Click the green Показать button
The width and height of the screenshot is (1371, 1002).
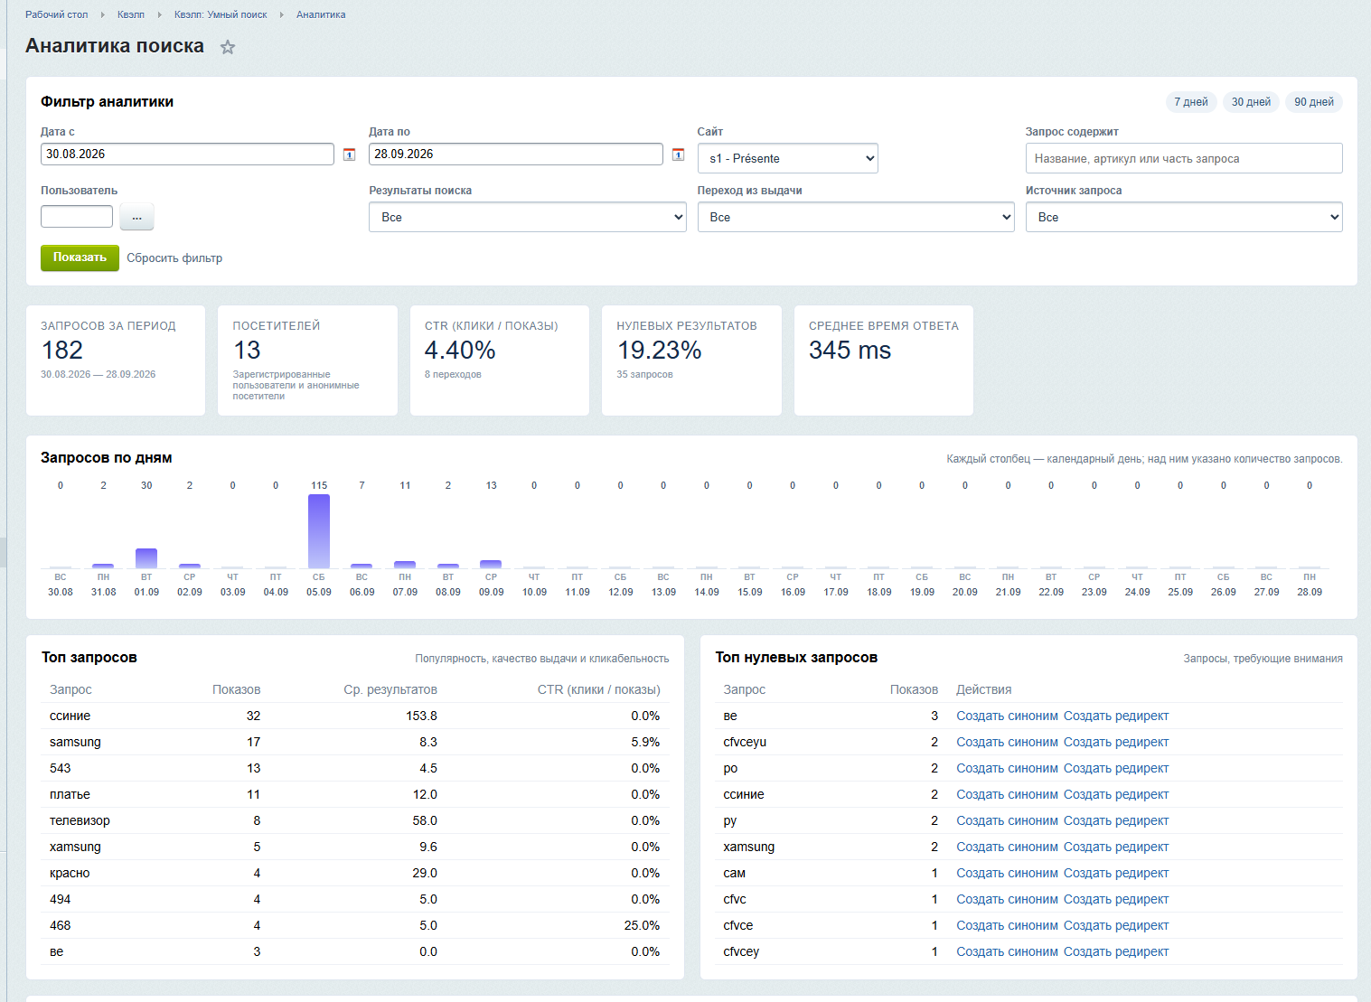[x=80, y=258]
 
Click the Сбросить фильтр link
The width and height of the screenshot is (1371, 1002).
[x=174, y=258]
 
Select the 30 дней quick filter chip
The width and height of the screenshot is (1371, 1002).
[x=1251, y=101]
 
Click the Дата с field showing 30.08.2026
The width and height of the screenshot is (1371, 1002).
[x=187, y=155]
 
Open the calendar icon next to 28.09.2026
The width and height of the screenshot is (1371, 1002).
[x=678, y=155]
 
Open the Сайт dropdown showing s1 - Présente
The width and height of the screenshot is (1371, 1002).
[x=787, y=158]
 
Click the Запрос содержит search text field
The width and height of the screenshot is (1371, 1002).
[x=1183, y=158]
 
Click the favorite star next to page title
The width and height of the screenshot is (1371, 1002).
[x=228, y=47]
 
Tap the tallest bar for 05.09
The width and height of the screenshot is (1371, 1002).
[x=319, y=531]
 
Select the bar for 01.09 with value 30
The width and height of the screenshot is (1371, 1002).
[x=146, y=558]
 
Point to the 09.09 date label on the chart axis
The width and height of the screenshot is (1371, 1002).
[x=491, y=592]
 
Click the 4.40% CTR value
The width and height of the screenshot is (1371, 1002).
[x=460, y=350]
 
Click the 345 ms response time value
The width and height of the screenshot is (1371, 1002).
[x=850, y=350]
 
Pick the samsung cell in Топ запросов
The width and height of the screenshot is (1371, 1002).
[x=75, y=742]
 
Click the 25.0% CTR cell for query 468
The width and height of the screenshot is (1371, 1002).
[x=642, y=925]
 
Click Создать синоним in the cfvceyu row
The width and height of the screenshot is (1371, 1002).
[x=1007, y=742]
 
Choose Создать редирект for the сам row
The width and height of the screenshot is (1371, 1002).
[x=1116, y=873]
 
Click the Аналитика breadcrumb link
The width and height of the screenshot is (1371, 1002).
[x=321, y=14]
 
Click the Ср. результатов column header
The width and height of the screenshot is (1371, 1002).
[x=390, y=689]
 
